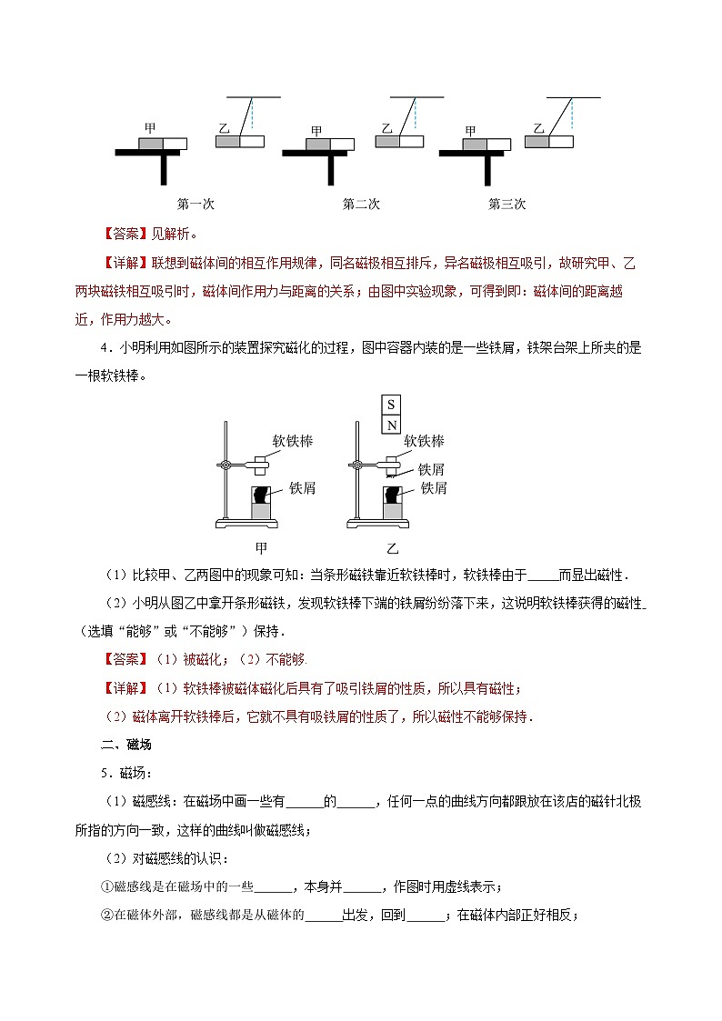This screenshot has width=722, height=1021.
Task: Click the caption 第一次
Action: (196, 204)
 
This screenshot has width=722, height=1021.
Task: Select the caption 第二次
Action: (361, 204)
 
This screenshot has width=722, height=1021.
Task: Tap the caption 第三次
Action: (507, 204)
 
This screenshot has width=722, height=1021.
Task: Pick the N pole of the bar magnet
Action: (391, 425)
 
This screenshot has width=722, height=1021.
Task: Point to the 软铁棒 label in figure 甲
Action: (293, 441)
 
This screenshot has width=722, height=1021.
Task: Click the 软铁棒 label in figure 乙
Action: (424, 441)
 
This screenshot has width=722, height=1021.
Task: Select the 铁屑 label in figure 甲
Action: (302, 488)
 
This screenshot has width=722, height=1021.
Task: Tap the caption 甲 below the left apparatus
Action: (261, 548)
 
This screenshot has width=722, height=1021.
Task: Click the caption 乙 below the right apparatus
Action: (392, 548)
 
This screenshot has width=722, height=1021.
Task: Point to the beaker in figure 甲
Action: (262, 503)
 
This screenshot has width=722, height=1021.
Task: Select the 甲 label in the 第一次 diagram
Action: (150, 129)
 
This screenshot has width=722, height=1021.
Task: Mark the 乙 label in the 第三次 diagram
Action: (539, 129)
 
